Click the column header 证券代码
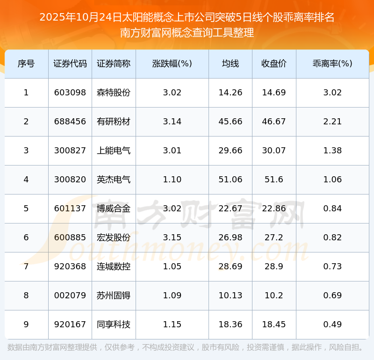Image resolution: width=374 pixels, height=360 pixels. (70, 64)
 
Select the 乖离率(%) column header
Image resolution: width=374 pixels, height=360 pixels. (332, 64)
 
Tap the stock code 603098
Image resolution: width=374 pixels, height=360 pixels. (70, 93)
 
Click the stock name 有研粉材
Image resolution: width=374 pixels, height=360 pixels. (114, 122)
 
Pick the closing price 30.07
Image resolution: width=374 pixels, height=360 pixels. (274, 151)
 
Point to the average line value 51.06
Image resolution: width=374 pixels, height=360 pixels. (230, 180)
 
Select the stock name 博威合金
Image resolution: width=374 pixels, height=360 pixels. (114, 209)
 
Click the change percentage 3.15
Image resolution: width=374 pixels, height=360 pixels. (172, 238)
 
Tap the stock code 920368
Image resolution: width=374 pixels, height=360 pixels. (70, 266)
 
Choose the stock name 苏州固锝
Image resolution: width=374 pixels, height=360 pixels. (114, 295)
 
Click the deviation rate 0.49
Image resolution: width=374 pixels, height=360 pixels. (332, 324)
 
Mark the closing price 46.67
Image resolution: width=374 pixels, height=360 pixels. (274, 122)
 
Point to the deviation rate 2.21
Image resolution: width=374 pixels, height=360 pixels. (332, 122)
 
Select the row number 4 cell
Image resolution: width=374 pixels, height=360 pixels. (26, 180)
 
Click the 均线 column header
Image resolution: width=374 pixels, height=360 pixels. (230, 64)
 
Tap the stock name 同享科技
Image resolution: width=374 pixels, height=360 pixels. (114, 324)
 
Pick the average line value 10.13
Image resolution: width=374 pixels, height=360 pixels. (230, 295)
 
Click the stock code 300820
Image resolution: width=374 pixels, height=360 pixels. (70, 180)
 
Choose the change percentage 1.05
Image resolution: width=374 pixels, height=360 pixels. (172, 266)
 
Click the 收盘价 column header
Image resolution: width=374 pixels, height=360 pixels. (274, 64)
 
